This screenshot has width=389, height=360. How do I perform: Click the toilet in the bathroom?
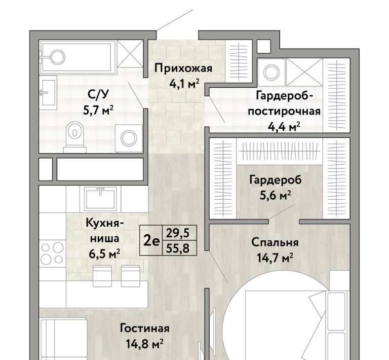(74, 137)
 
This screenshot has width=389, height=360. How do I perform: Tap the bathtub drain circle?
(58, 57)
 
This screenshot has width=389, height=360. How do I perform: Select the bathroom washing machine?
(129, 138)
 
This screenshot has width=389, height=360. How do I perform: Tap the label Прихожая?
(183, 68)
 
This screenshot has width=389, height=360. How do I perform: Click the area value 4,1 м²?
(184, 84)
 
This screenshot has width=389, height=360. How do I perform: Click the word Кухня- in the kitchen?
(104, 223)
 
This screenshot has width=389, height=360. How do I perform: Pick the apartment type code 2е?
(151, 240)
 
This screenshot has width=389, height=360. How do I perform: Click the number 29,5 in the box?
(178, 233)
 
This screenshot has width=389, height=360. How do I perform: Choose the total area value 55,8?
(178, 248)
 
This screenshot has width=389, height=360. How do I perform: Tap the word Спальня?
(275, 242)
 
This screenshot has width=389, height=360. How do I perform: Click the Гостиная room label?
(145, 329)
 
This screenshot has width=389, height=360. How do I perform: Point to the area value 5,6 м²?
(275, 196)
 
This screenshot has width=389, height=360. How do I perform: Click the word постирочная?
(284, 112)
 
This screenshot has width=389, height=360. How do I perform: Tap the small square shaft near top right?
(263, 46)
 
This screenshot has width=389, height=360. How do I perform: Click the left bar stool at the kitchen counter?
(102, 276)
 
